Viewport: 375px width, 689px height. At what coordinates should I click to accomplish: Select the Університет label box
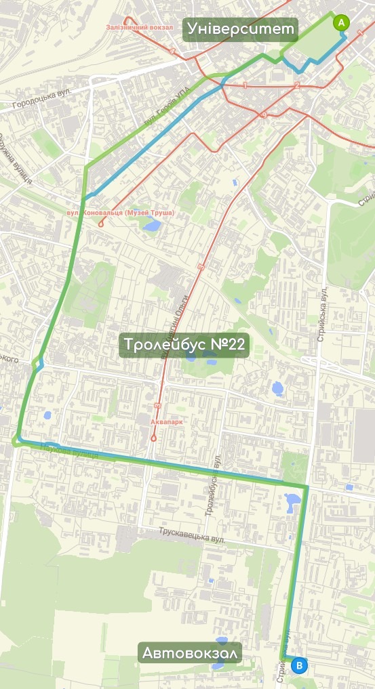pos(242,28)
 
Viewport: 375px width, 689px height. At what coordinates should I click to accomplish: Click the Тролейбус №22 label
pos(184,345)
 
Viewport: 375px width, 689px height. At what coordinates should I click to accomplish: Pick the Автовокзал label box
pos(190,653)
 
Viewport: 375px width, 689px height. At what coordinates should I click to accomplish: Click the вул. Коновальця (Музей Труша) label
pos(121,213)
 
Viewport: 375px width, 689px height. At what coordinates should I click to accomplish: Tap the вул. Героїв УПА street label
pos(164,111)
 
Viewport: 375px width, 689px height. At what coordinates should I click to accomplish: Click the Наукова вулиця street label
pos(70,451)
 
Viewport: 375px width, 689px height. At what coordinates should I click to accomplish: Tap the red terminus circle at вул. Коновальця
pos(101,224)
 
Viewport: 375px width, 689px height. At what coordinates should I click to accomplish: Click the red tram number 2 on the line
pos(297,85)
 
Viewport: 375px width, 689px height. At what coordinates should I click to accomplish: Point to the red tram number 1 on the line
pos(245,85)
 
